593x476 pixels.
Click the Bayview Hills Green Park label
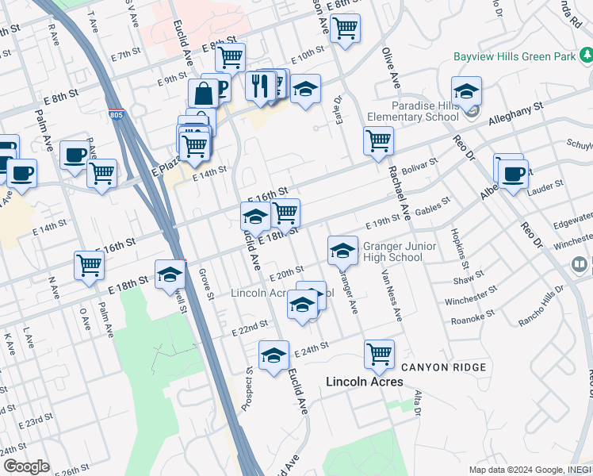(513, 56)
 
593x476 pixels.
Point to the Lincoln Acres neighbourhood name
(365, 382)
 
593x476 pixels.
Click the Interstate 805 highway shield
(117, 114)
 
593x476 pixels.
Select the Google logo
(25, 466)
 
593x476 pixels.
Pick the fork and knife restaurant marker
(260, 86)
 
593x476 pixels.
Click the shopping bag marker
(204, 93)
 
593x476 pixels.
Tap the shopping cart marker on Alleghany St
(378, 140)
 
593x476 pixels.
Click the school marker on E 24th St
(274, 355)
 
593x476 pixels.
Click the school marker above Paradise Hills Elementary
(466, 91)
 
